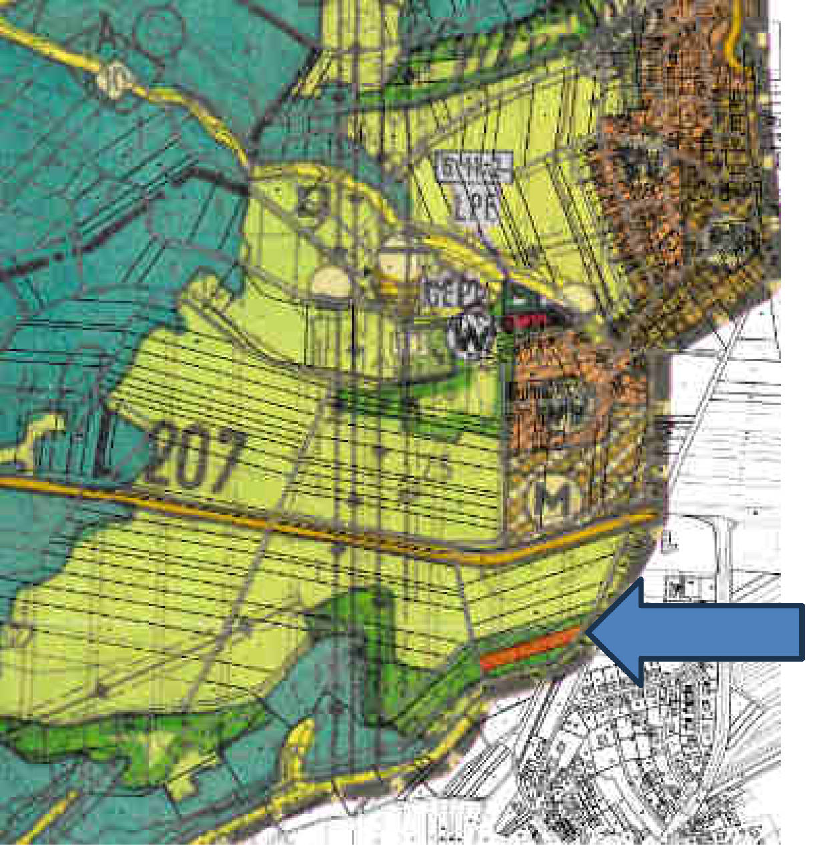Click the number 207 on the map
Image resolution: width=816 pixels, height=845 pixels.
coord(196,460)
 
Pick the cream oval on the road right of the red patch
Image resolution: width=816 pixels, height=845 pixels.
coord(578,300)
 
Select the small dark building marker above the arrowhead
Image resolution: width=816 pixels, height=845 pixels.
coord(677,587)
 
